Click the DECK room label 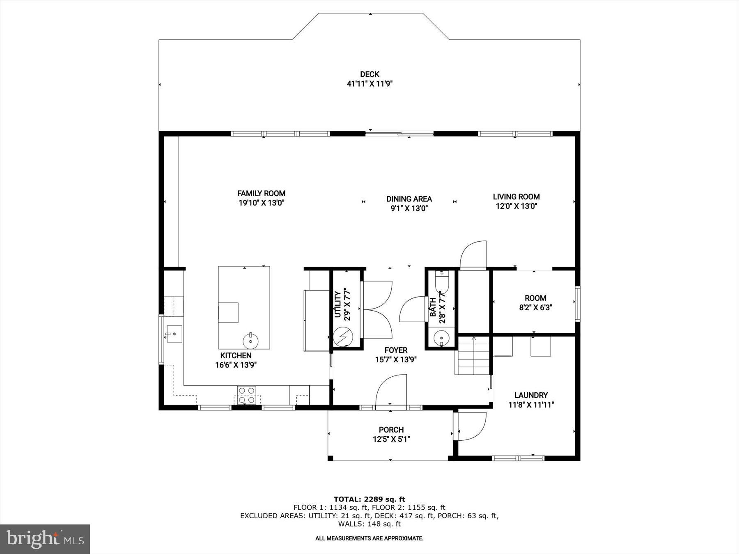click(369, 74)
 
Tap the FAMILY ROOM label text click(261, 193)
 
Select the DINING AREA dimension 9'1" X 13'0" click(409, 208)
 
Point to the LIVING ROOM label click(516, 197)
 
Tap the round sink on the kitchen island click(250, 340)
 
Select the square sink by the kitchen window click(174, 334)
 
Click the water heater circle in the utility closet click(342, 337)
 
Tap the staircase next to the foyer click(474, 356)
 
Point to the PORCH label click(391, 430)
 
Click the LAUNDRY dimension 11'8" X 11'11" click(531, 405)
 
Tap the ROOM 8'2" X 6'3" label click(535, 302)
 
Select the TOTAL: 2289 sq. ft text click(369, 499)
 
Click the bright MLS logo click(45, 539)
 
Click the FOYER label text click(396, 350)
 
